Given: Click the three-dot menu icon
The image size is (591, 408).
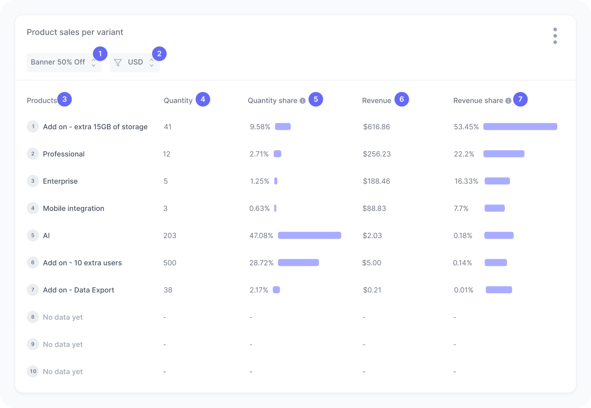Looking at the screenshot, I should click(x=555, y=36).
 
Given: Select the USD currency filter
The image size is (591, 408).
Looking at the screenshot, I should click(x=135, y=62).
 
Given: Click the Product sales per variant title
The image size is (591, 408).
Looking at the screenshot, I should click(x=75, y=32).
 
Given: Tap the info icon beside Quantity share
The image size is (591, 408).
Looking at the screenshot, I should click(x=302, y=101).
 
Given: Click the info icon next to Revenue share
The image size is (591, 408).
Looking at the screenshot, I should click(x=508, y=101).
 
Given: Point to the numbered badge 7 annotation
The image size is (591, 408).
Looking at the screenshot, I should click(x=520, y=99).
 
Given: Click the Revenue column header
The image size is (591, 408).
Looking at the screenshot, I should click(x=377, y=101).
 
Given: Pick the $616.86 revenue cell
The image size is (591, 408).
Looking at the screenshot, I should click(x=377, y=127).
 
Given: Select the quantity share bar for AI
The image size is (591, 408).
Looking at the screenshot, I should click(x=310, y=235).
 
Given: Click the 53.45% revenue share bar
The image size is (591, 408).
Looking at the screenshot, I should click(x=520, y=127).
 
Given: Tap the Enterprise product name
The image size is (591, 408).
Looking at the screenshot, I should click(x=60, y=181).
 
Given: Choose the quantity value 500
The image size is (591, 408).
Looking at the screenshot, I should click(x=170, y=263).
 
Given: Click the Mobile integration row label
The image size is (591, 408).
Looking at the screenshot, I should click(x=73, y=209).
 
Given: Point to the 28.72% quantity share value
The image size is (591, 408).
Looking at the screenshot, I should click(x=261, y=263).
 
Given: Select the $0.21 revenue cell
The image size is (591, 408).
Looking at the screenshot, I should click(x=372, y=290).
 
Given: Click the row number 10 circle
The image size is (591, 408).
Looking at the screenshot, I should click(x=33, y=372).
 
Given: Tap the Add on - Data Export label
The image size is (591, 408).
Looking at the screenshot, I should click(x=78, y=290).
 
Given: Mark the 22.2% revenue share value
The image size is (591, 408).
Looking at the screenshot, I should click(x=464, y=154).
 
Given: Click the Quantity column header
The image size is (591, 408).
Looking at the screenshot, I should click(x=178, y=101).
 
